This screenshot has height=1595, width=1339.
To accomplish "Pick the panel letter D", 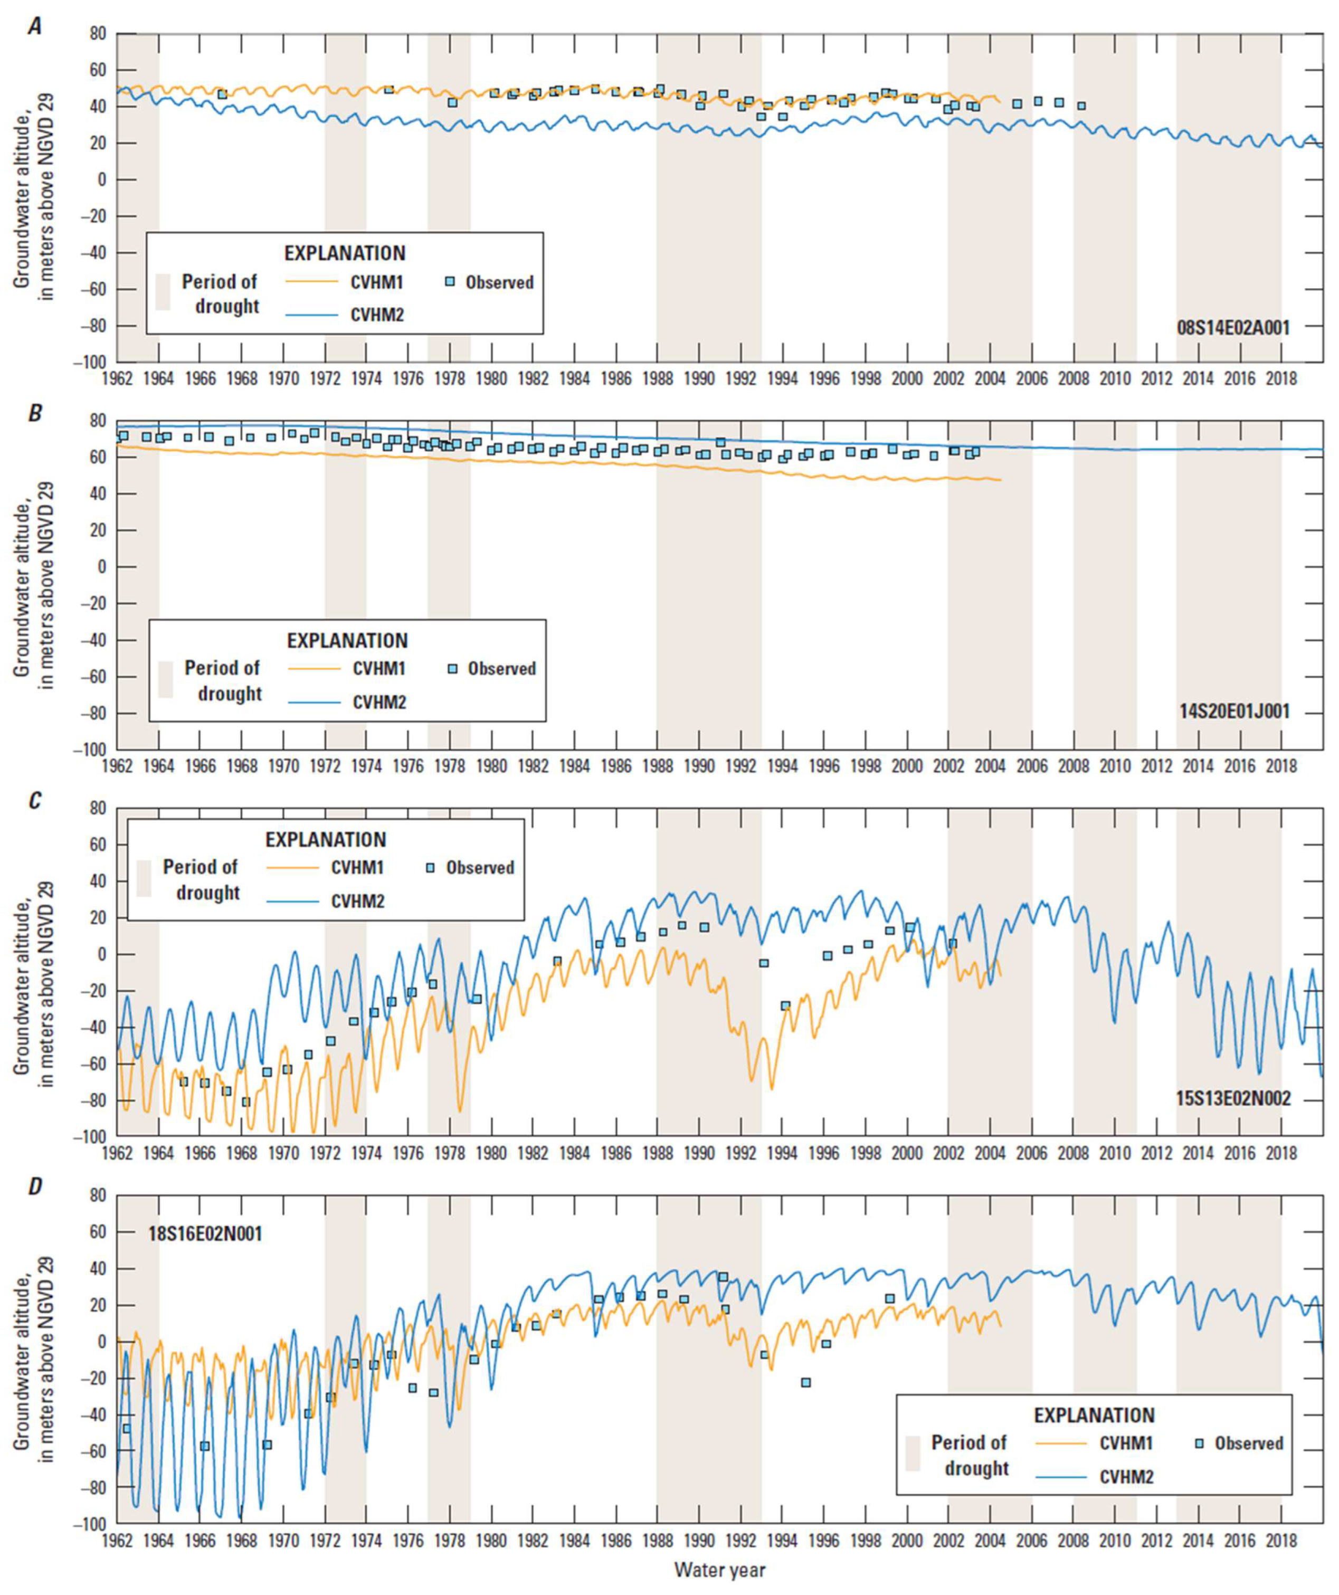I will [35, 1186].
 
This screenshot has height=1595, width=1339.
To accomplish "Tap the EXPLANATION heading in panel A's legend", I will [345, 253].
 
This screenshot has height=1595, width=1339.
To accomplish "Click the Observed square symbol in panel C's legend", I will [430, 867].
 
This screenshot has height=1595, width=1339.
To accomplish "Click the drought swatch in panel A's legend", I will [163, 292].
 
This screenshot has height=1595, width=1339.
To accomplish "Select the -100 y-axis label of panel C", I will [90, 1137].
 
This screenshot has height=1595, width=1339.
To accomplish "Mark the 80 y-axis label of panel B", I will [97, 421].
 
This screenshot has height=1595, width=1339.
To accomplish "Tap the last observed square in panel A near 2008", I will [1081, 106].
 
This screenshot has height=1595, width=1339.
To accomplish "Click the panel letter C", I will [35, 801].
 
